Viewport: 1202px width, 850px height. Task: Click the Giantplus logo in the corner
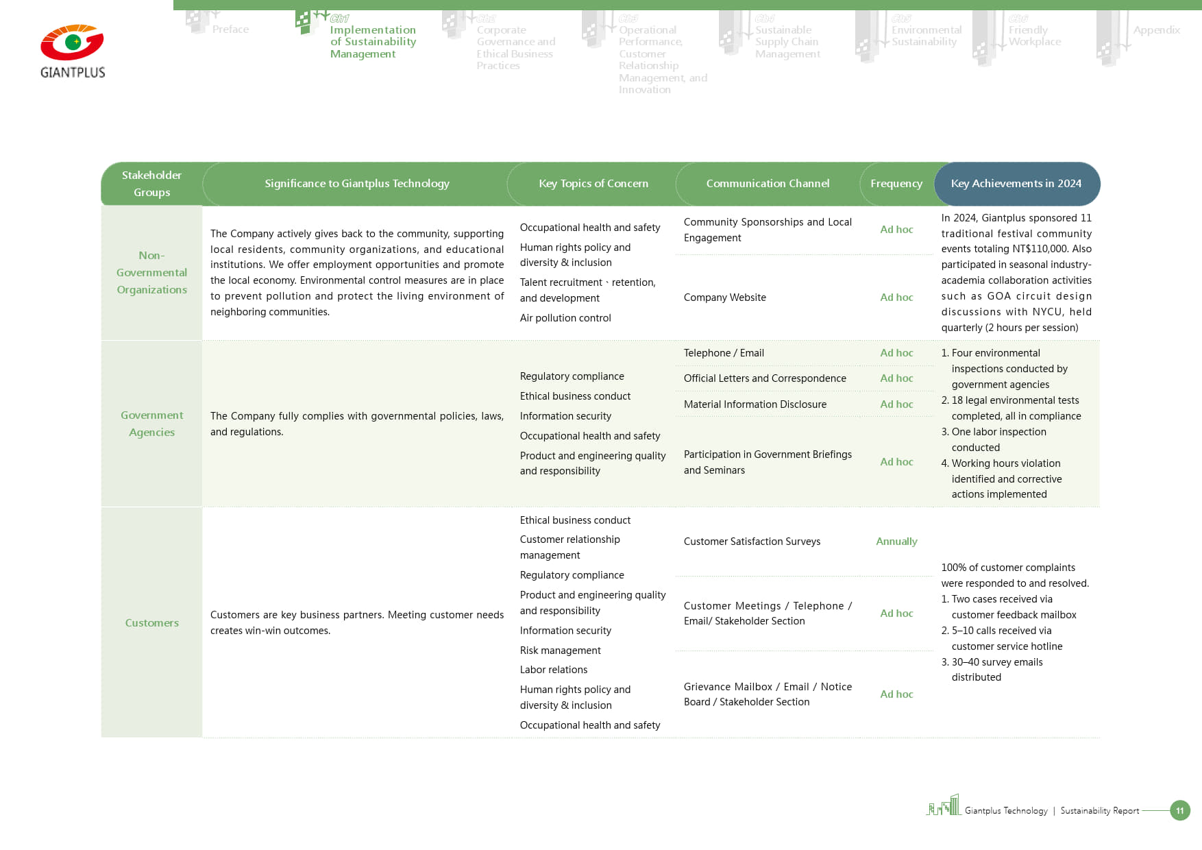[x=73, y=51]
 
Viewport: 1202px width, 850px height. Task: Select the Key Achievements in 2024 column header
[x=1016, y=184]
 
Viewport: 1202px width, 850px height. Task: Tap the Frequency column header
[x=896, y=184]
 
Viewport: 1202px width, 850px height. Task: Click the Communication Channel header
[x=768, y=184]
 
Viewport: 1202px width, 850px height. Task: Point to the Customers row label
[x=151, y=623]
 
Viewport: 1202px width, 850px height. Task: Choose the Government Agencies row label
[x=151, y=424]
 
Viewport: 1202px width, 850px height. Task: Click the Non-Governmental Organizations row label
[x=151, y=273]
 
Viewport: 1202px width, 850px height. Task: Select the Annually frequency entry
[x=896, y=542]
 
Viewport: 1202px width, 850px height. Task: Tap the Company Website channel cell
[x=725, y=297]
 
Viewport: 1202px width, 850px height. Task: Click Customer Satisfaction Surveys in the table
[x=752, y=542]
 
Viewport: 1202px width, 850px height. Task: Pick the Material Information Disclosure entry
[x=755, y=404]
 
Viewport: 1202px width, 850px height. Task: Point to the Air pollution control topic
[x=565, y=318]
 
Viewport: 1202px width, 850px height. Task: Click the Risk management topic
[x=560, y=651]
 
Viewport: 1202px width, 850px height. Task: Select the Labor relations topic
[x=554, y=670]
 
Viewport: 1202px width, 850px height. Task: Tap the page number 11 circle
[x=1180, y=810]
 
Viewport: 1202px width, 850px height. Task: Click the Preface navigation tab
[x=230, y=29]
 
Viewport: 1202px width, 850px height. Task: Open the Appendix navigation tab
[x=1156, y=30]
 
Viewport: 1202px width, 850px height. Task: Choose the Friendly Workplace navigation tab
[x=1034, y=36]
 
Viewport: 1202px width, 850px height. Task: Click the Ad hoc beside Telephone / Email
[x=896, y=353]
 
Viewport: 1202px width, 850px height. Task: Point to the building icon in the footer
[x=944, y=805]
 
